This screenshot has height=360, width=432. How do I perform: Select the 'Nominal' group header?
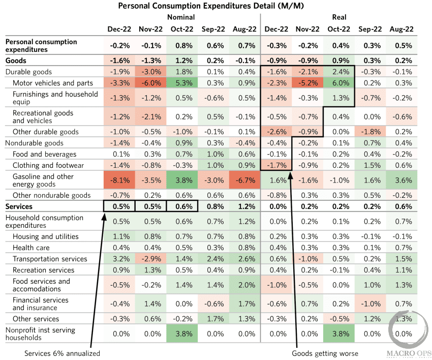(x=181, y=17)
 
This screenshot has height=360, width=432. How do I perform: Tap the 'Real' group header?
(x=339, y=17)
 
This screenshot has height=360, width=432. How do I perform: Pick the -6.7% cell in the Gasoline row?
(x=243, y=181)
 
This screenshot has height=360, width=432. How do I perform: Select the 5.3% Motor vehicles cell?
(x=181, y=83)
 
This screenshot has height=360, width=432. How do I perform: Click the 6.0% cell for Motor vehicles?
(x=339, y=83)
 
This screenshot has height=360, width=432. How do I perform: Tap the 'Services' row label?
(x=19, y=206)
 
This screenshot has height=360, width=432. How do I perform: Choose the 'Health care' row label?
(x=32, y=248)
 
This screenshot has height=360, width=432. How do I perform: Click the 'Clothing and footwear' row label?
(x=45, y=165)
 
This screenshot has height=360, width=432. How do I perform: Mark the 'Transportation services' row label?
(x=50, y=259)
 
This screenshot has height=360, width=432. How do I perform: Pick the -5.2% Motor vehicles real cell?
(x=307, y=83)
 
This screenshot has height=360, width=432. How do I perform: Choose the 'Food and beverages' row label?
(x=44, y=154)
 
